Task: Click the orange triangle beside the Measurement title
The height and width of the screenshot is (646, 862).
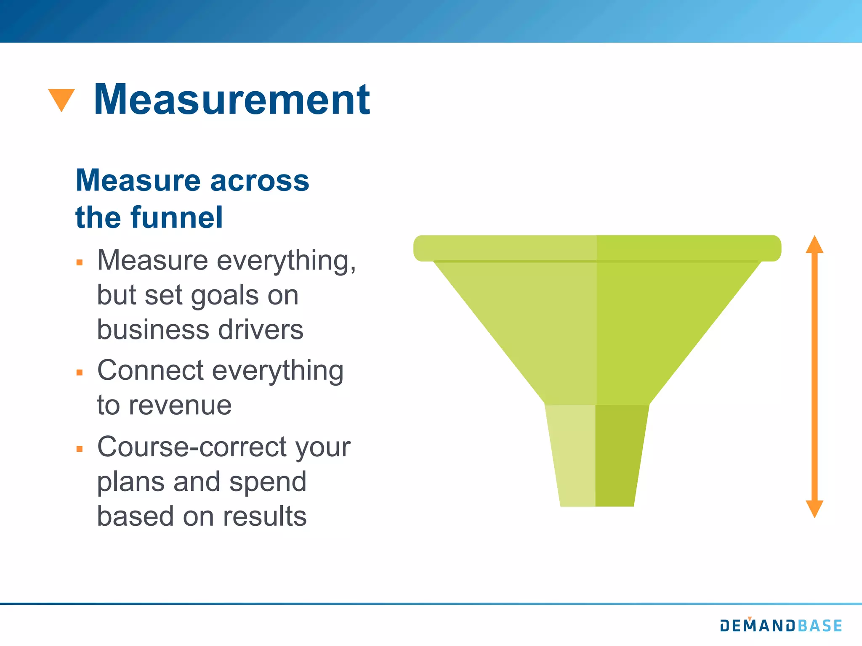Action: coord(61,98)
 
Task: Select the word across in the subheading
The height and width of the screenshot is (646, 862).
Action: coord(259,181)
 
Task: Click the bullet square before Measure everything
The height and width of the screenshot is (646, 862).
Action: coord(80,263)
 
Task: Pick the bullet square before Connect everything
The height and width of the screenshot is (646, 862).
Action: coord(80,372)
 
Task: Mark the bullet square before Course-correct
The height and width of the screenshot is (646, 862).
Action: coord(80,449)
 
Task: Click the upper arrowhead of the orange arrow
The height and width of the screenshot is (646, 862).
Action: coord(814,245)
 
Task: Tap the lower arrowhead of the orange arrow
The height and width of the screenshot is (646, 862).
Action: coord(814,508)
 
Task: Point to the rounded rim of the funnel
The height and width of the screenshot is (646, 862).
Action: coord(597,248)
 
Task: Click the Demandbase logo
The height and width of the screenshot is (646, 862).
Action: coord(781,625)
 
